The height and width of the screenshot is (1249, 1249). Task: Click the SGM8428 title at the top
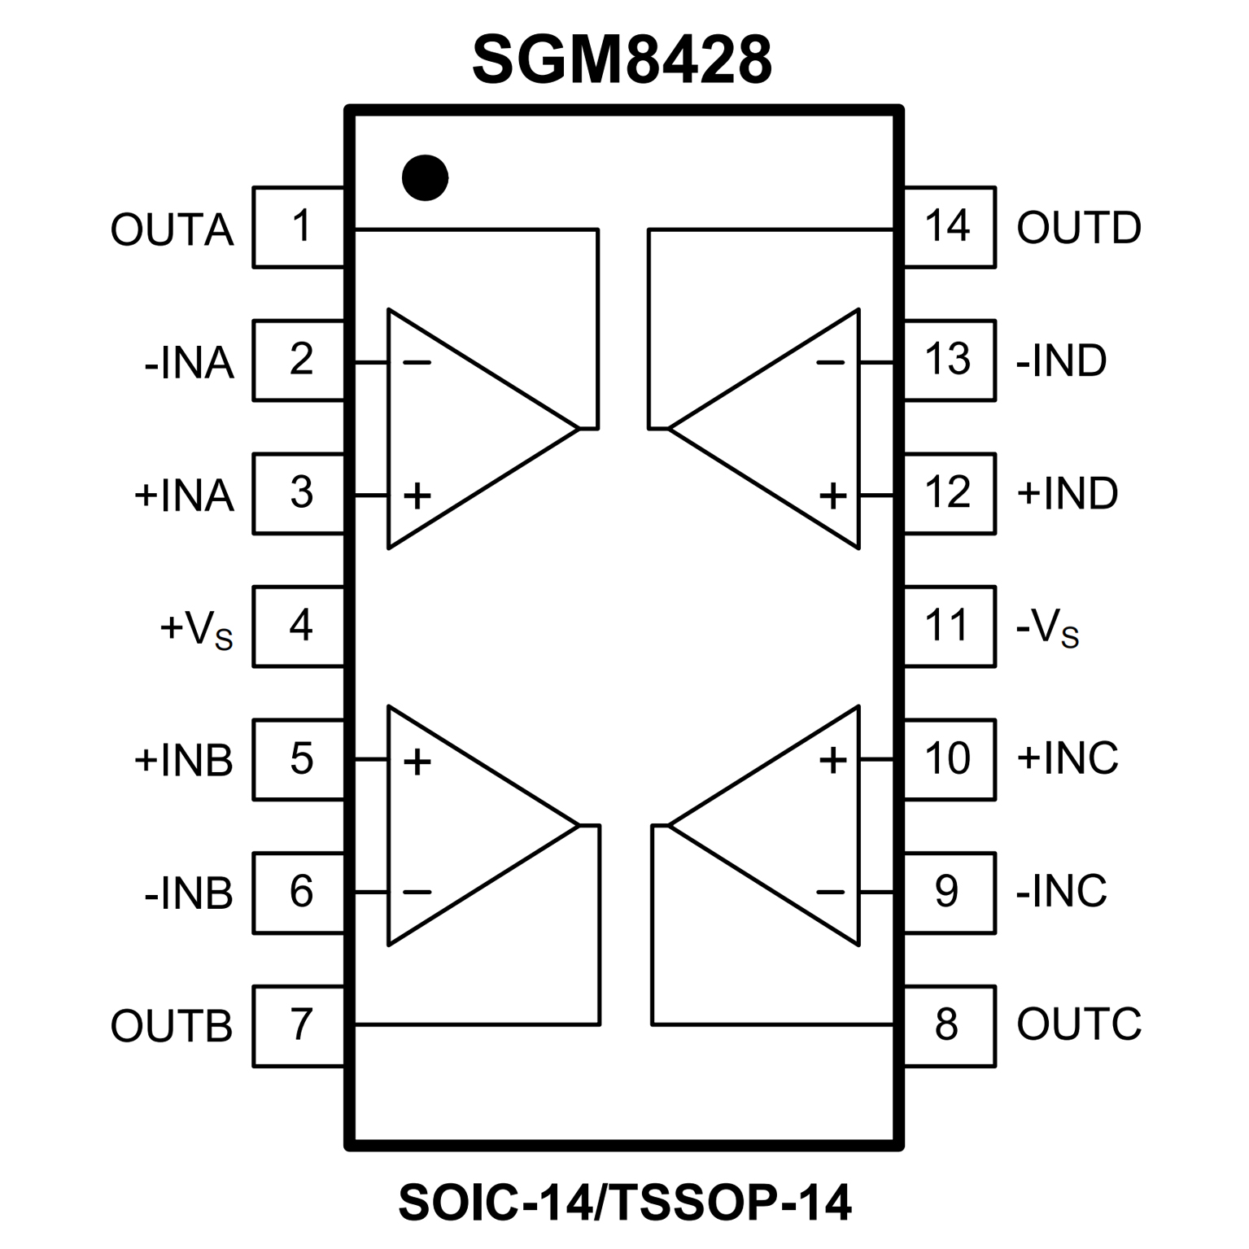pos(622,59)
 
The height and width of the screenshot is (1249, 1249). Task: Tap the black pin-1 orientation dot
pos(425,177)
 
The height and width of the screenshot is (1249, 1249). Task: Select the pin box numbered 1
pos(299,227)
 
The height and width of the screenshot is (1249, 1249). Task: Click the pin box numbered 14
pos(949,227)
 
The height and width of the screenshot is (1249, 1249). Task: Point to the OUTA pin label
pos(172,229)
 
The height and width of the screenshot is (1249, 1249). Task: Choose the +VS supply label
pos(196,629)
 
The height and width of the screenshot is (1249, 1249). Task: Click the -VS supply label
pos(1048,629)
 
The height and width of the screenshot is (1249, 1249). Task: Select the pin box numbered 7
pos(299,1025)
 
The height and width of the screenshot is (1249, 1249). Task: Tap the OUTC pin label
pos(1079,1024)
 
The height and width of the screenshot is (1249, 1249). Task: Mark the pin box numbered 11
pos(949,627)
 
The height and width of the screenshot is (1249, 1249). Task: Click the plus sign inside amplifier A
pos(417,495)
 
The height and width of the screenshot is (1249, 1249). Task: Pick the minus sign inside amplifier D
pos(831,361)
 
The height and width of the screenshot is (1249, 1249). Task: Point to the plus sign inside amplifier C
pos(832,760)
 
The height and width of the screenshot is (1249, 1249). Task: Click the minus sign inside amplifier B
pos(417,893)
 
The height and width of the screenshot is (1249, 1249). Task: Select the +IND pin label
pos(1068,493)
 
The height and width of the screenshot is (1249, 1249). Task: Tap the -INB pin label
pos(189,893)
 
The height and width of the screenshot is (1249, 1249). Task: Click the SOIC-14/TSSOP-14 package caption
pos(625,1202)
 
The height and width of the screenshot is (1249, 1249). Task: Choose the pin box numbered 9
pos(949,892)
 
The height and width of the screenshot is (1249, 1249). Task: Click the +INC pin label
pos(1068,758)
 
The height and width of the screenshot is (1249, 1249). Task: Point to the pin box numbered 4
pos(299,627)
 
